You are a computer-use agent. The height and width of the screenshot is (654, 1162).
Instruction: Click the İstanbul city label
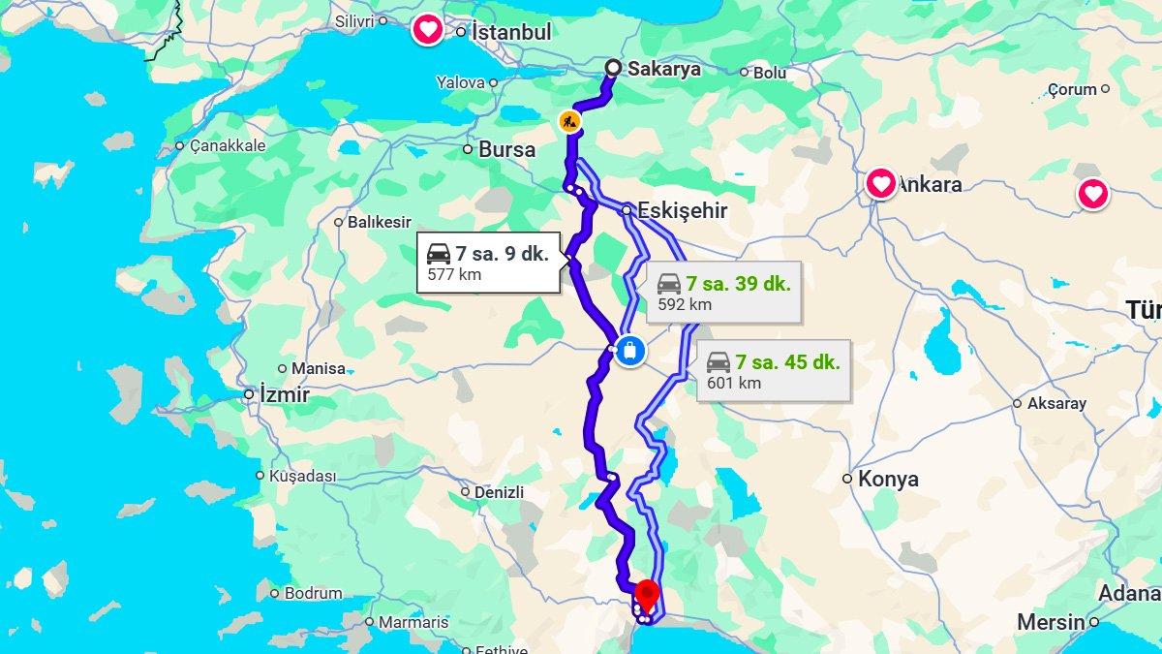pos(510,32)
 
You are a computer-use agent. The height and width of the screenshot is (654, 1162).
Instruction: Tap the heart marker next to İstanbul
pos(427,29)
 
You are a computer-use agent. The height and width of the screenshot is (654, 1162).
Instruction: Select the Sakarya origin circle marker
pos(613,68)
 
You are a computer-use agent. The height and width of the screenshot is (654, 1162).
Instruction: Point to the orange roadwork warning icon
pos(569,122)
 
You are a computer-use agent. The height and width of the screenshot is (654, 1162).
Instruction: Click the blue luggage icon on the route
pos(629,350)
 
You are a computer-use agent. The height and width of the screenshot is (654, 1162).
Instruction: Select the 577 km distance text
pos(454,275)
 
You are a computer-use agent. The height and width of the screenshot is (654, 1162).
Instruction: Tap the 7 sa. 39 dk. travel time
pos(738,284)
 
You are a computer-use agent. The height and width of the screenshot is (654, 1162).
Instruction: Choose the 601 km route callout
pos(773,372)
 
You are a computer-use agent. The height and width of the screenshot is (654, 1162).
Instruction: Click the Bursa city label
pos(506,150)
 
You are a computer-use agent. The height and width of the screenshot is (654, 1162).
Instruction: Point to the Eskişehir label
pos(682,210)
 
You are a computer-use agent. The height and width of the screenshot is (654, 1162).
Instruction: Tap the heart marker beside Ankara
pos(880,183)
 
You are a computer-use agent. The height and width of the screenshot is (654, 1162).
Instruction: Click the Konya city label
pos(888,479)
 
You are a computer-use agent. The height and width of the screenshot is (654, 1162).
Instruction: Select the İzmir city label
pos(284,395)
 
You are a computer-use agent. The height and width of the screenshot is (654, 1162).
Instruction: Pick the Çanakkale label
pos(228,145)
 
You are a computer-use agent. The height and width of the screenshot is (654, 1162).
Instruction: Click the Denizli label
pos(499,492)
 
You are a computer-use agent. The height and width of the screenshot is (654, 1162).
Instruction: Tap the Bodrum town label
pos(313,593)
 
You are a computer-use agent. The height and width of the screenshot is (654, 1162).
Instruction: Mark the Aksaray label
pos(1056,403)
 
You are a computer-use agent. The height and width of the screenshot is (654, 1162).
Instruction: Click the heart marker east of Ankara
pos(1093,195)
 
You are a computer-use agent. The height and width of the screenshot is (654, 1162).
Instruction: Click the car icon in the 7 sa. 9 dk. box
pos(439,255)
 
